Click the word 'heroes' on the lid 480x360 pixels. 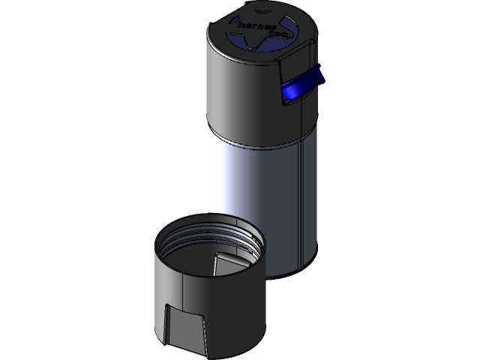(253, 25)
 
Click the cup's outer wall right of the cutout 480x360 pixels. (236, 315)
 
